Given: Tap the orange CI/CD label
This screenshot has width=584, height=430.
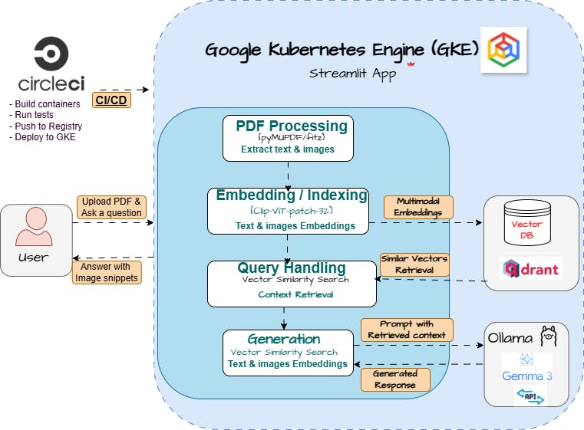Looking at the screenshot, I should click(x=112, y=100).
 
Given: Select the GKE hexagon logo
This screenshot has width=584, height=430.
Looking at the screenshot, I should click(x=503, y=50).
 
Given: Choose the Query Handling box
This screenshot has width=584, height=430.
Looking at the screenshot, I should click(x=291, y=283).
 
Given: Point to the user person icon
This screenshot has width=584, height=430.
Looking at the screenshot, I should click(x=34, y=228).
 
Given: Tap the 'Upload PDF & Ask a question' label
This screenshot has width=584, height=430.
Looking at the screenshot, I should click(x=112, y=207).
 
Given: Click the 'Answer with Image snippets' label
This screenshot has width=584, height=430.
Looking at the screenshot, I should click(x=107, y=272).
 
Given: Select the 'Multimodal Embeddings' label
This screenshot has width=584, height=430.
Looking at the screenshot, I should click(x=418, y=207).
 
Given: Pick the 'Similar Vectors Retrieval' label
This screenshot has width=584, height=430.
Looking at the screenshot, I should click(x=414, y=264).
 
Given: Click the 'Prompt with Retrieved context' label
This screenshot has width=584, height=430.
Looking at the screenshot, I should click(x=407, y=330).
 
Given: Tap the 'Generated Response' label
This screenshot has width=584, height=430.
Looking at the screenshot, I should click(x=395, y=379).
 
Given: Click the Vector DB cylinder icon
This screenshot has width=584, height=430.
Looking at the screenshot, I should click(x=526, y=222).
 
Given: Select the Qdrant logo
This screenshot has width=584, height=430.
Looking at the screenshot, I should click(x=530, y=268).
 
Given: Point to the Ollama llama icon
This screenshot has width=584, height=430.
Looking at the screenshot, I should click(x=548, y=336).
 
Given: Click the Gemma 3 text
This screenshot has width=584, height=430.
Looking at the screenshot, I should click(x=526, y=376).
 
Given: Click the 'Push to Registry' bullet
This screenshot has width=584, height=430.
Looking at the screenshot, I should click(x=46, y=126).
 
